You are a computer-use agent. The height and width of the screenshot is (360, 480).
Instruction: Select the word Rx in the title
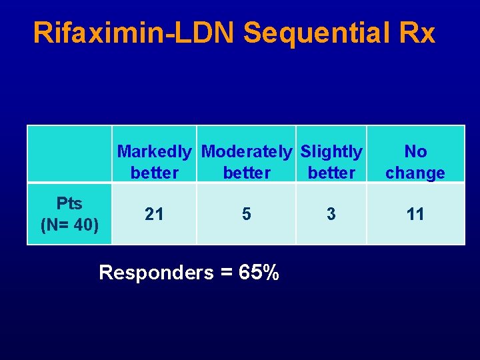click(x=419, y=33)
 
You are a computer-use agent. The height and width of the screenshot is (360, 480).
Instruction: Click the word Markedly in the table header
click(x=155, y=152)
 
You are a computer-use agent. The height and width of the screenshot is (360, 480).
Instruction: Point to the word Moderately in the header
click(x=246, y=152)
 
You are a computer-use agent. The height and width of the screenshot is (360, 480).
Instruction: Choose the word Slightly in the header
click(x=331, y=152)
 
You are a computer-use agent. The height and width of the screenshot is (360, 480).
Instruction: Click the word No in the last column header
click(x=415, y=152)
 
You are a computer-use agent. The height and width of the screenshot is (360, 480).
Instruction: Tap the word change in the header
click(x=415, y=173)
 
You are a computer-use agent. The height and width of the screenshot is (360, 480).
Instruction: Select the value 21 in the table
click(x=155, y=214)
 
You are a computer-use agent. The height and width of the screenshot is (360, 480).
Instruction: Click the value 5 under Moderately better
click(x=247, y=214)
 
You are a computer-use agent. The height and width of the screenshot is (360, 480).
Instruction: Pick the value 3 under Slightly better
click(x=331, y=214)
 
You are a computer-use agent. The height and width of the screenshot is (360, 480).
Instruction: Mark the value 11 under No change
click(x=415, y=214)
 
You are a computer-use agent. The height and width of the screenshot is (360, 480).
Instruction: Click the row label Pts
click(x=69, y=203)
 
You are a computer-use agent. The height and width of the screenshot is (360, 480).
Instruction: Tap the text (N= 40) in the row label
click(x=69, y=225)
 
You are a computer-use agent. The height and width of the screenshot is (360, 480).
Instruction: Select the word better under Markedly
click(x=155, y=173)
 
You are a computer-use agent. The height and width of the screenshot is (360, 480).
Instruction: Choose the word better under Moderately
click(x=247, y=173)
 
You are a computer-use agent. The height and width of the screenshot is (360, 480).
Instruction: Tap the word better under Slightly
click(x=331, y=173)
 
